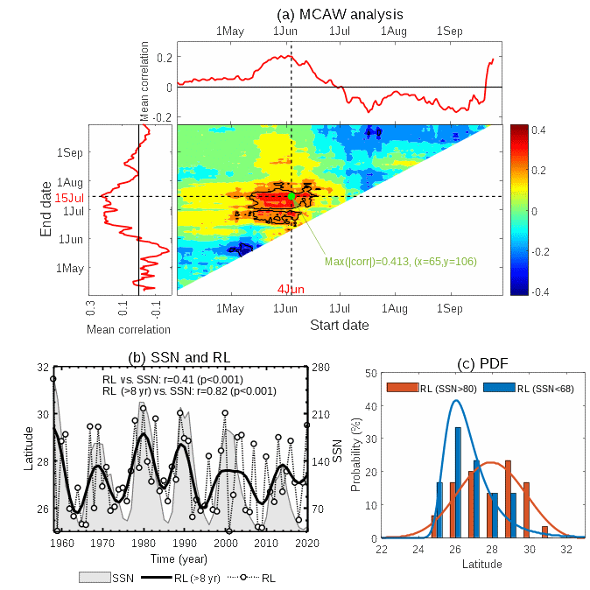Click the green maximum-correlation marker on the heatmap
(291, 196)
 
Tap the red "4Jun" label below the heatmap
(291, 289)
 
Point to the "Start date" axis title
(340, 325)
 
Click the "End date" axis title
(45, 208)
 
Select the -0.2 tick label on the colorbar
(539, 252)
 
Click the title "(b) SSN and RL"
(179, 357)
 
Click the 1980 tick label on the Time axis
(144, 544)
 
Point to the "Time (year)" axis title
(179, 558)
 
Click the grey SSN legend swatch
(95, 578)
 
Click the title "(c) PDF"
(482, 363)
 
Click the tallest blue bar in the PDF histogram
(458, 482)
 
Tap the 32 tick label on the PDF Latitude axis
(567, 550)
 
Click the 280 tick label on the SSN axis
(320, 368)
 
